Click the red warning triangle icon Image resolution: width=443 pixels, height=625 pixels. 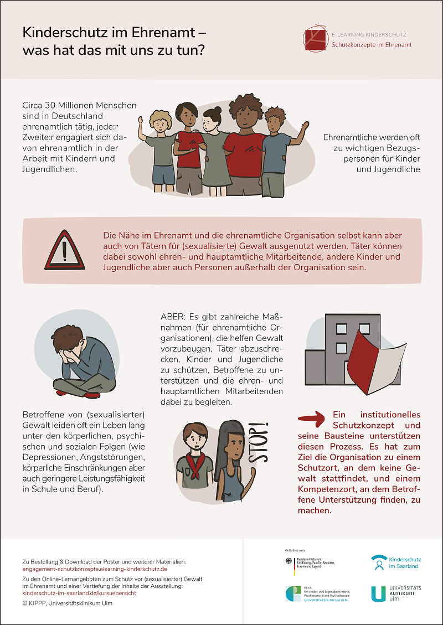coord(65,251)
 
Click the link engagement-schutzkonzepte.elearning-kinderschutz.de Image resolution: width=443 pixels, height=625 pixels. coord(95,569)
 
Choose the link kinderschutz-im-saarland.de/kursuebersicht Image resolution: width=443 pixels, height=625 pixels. coord(79,593)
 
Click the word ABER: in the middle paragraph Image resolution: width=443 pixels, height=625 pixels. coord(172,317)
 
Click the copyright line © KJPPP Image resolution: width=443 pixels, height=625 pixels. coord(67,603)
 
